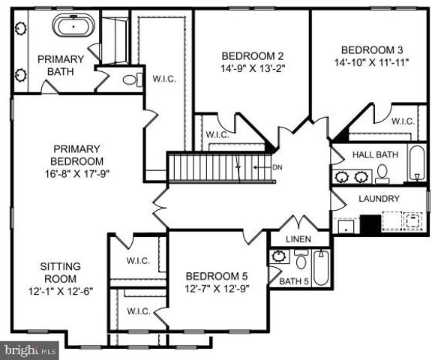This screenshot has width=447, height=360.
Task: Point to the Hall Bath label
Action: (x=375, y=154)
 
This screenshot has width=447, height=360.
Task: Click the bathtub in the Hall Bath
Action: (x=416, y=163)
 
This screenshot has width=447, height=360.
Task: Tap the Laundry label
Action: (x=379, y=199)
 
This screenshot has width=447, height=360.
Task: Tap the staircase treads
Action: (x=214, y=165)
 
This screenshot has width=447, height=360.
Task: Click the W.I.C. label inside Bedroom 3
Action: (x=403, y=121)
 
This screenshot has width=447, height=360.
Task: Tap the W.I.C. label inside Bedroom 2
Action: (x=217, y=135)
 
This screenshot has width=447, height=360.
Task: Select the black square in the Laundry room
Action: (x=369, y=224)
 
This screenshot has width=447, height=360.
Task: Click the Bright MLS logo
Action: (x=30, y=349)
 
